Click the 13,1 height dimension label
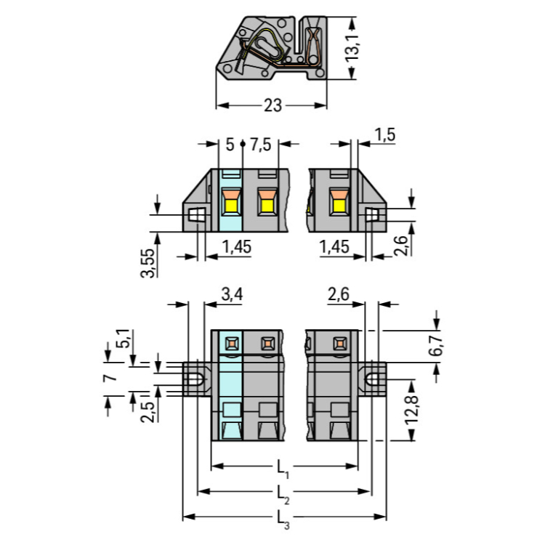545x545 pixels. click(x=352, y=48)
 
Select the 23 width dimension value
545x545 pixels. click(x=272, y=105)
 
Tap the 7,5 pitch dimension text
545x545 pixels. click(x=260, y=145)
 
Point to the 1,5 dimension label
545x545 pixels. click(x=385, y=135)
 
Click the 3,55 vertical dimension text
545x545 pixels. click(x=148, y=263)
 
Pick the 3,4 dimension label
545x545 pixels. click(x=233, y=295)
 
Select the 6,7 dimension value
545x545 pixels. click(x=436, y=345)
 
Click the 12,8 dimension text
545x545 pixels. click(x=411, y=409)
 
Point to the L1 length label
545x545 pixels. click(x=283, y=469)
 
